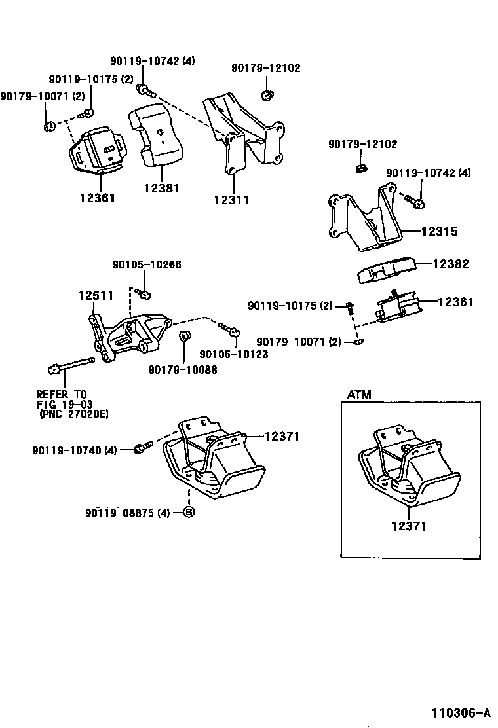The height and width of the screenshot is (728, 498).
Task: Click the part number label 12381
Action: click(161, 189)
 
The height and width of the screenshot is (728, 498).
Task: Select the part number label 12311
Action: click(231, 200)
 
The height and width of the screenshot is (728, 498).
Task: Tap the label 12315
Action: click(439, 232)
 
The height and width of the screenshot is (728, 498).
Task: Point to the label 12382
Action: click(451, 264)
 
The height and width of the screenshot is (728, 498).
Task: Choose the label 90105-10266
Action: click(147, 265)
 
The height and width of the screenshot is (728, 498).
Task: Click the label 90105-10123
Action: click(234, 354)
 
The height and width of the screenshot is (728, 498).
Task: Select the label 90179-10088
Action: click(182, 370)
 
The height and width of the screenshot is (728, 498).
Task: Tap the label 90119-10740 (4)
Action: click(74, 450)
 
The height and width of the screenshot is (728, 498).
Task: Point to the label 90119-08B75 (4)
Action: click(127, 513)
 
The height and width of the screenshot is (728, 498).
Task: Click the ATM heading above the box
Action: click(358, 395)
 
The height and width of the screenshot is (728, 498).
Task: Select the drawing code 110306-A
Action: click(461, 713)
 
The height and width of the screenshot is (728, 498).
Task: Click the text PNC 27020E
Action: click(73, 414)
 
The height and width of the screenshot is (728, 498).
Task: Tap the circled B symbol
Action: click(188, 513)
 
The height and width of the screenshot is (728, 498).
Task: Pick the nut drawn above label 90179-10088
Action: click(184, 337)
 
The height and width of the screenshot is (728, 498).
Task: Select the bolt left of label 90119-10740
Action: click(144, 447)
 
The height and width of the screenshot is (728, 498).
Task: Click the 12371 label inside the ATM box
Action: click(410, 526)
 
